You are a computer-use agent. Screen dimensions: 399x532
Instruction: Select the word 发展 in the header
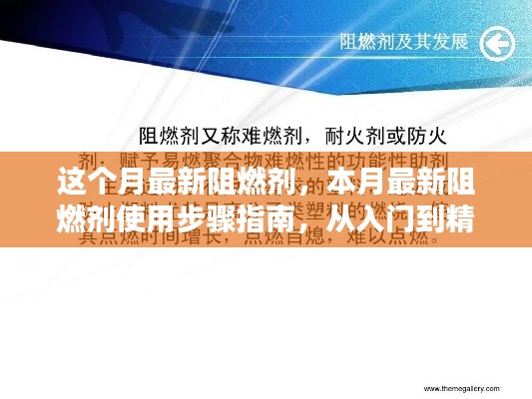[450, 45]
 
